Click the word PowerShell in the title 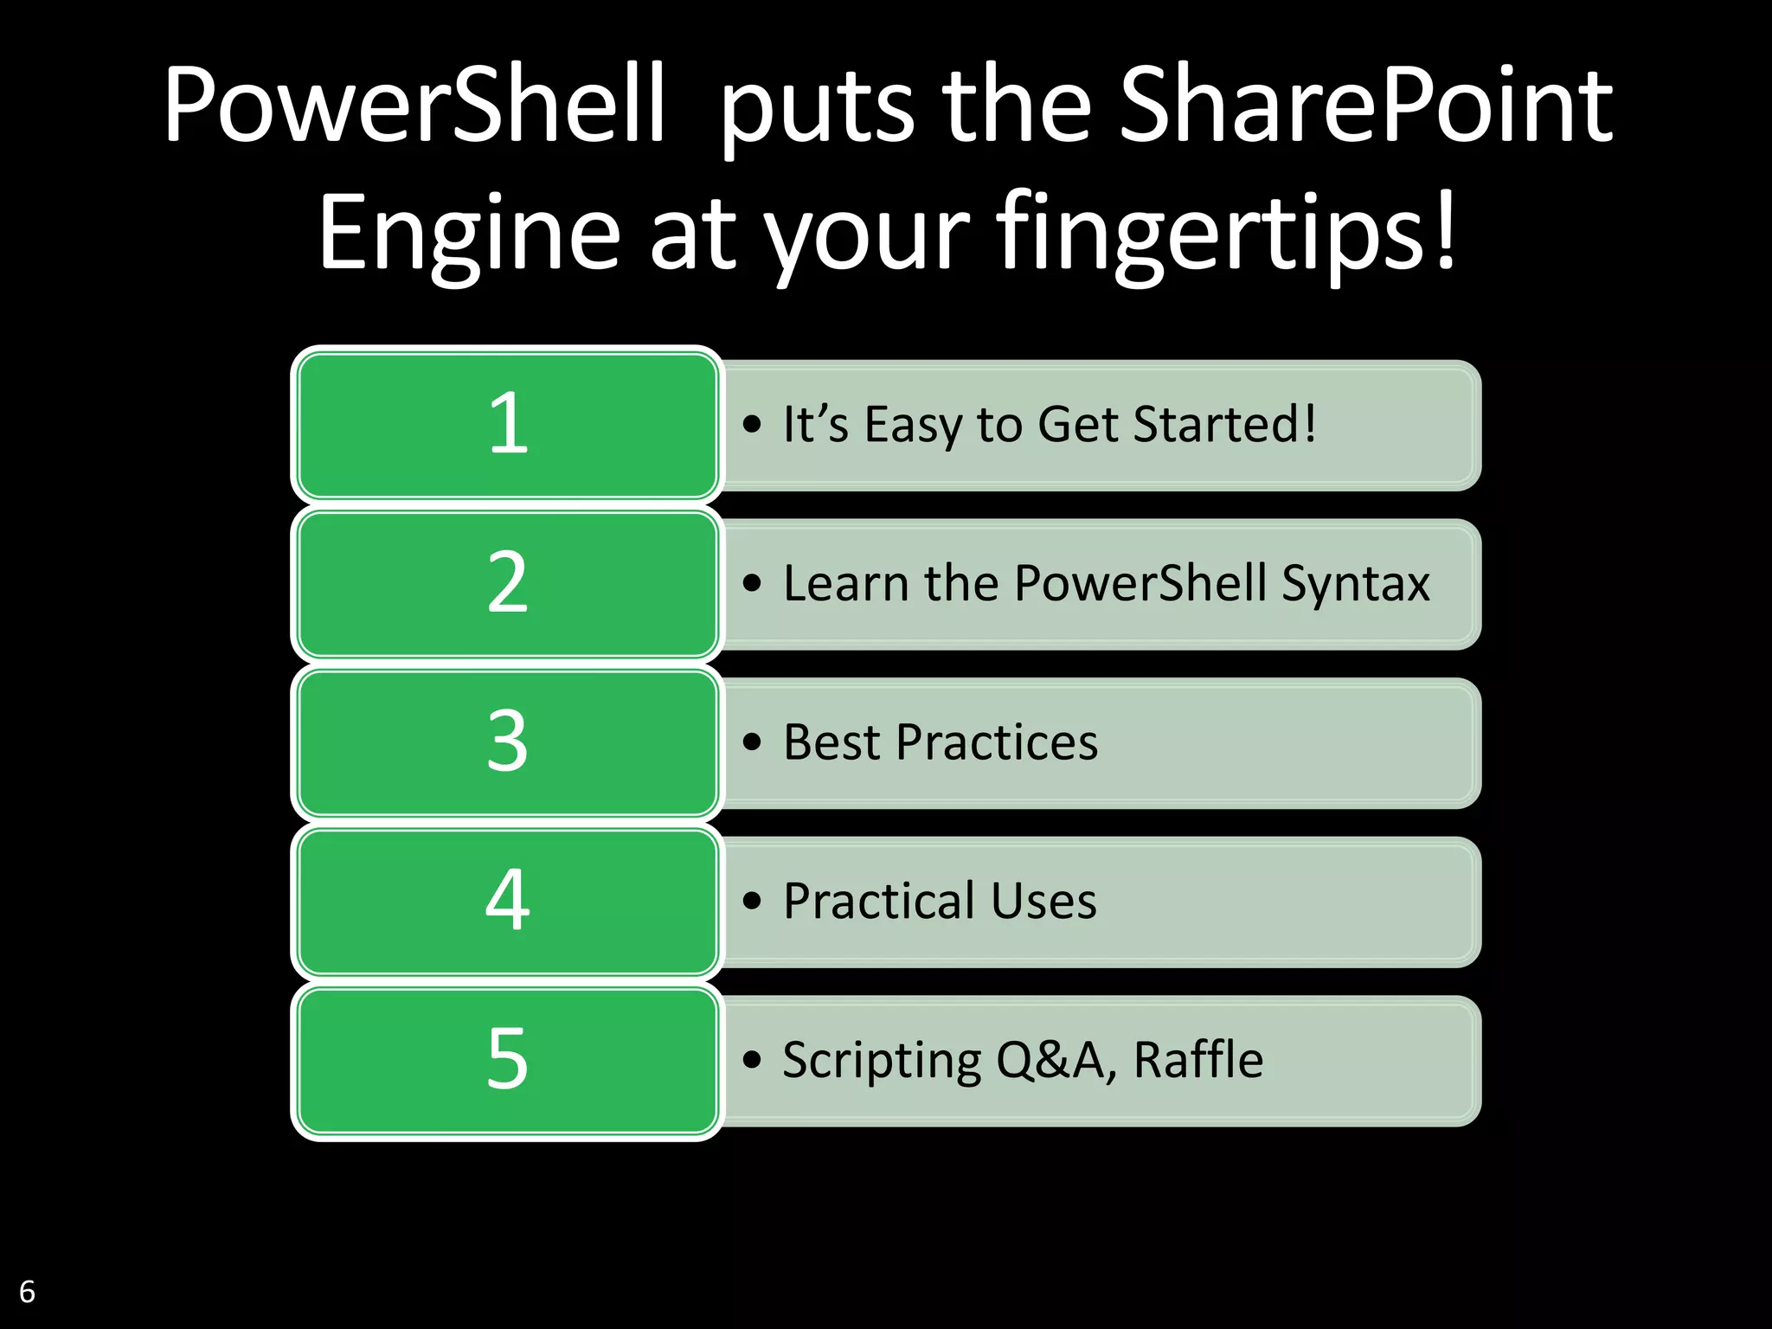(x=414, y=106)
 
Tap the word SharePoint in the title (x=1365, y=106)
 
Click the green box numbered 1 (x=507, y=424)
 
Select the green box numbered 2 (x=507, y=583)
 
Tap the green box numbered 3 (x=507, y=742)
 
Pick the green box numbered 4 (x=507, y=901)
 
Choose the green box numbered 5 (x=507, y=1060)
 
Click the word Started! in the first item (x=1224, y=424)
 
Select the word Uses (x=1043, y=902)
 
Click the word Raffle (x=1198, y=1060)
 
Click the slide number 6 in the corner (x=27, y=1291)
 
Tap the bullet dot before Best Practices (x=752, y=742)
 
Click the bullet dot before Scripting (x=752, y=1060)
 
